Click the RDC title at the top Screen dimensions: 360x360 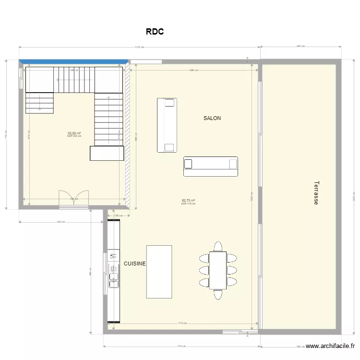point(155,32)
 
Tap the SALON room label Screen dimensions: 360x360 point(212,118)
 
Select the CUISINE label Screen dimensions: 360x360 point(135,264)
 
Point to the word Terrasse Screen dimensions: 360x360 point(316,193)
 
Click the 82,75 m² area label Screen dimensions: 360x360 point(188,201)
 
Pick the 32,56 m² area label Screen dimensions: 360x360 point(74,133)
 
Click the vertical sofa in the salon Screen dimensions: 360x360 point(167,125)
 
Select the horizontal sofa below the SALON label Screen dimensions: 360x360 point(210,166)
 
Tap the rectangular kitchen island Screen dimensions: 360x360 point(159,272)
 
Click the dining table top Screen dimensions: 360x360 point(218,270)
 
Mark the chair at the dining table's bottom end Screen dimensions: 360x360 point(218,294)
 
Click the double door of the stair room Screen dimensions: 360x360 point(73,198)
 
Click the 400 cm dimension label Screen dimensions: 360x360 point(60,222)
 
